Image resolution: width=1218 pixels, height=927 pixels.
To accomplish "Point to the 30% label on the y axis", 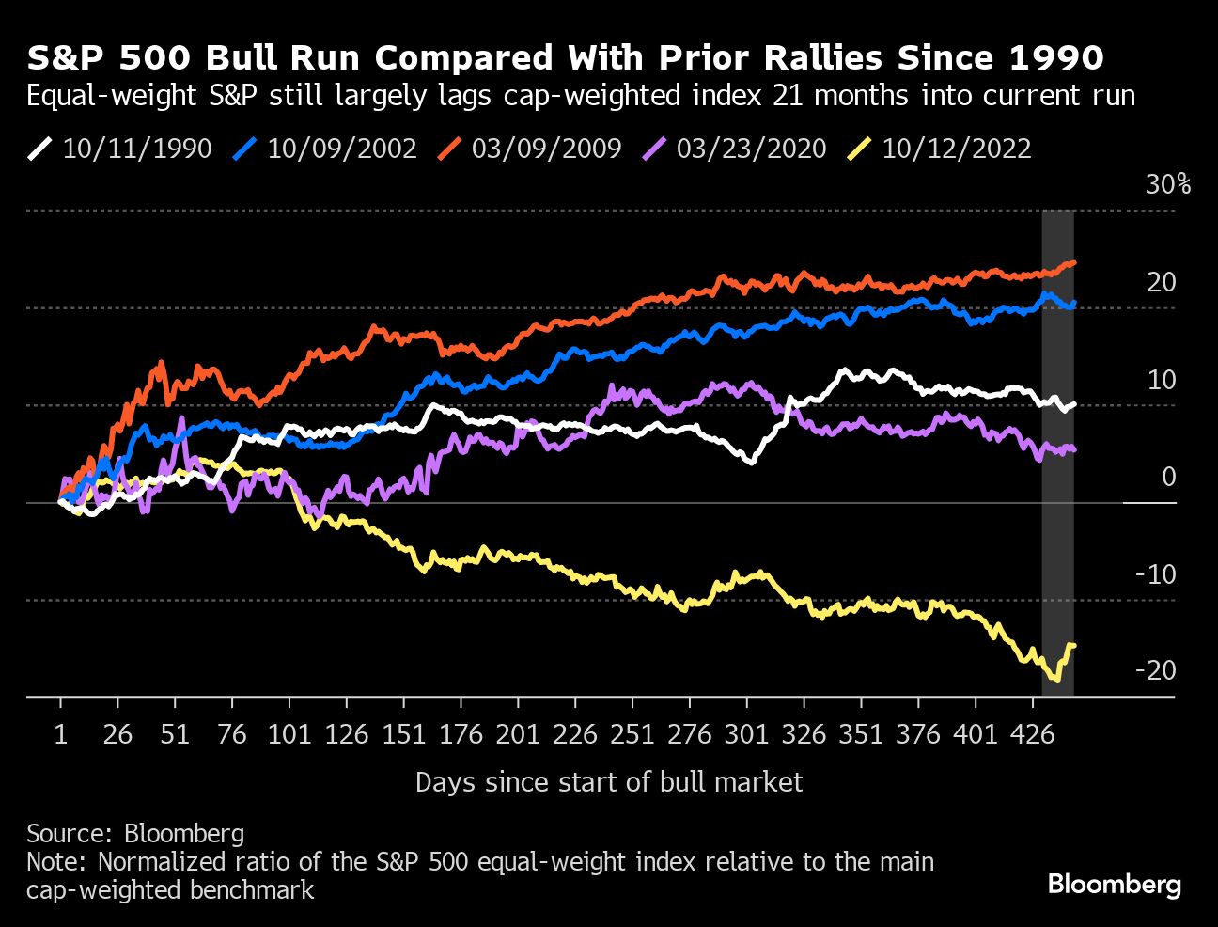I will [x=1167, y=184].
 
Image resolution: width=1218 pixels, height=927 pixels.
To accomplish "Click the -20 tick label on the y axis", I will [x=1155, y=670].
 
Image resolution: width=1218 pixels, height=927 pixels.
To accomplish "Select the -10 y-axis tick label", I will [x=1155, y=573].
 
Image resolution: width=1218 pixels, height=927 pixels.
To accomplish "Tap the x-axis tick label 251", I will [x=632, y=734].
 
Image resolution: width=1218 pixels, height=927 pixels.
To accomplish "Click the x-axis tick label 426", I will [x=1032, y=734].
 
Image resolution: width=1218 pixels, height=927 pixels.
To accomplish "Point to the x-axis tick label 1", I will [x=61, y=734].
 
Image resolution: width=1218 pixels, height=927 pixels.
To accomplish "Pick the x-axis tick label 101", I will [x=289, y=734].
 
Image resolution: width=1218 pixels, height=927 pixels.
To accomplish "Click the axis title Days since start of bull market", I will [x=609, y=782].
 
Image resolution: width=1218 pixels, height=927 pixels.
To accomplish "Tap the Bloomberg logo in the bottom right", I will [x=1114, y=885].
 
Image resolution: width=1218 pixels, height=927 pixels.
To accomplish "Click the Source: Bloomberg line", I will [x=135, y=833].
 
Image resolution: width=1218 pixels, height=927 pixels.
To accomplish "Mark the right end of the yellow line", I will [x=1073, y=645].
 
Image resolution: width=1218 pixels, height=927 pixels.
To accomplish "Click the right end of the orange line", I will [x=1073, y=263].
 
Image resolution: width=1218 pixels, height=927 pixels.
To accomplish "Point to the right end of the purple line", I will [x=1073, y=450].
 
